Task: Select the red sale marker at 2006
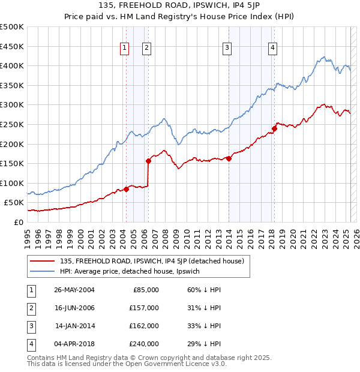point(148,161)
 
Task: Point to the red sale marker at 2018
point(274,128)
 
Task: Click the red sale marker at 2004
point(126,189)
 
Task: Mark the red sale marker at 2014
point(229,158)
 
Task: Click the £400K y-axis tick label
point(12,65)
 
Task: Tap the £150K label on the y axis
point(12,163)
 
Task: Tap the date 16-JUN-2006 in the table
point(74,308)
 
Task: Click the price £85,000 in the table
point(146,290)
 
